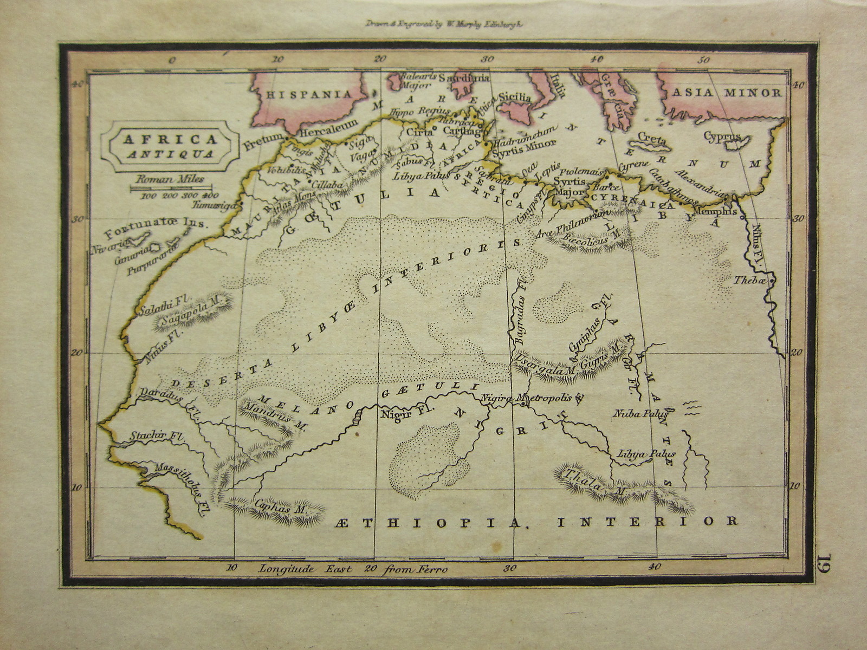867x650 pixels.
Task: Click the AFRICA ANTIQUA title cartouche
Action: click(170, 146)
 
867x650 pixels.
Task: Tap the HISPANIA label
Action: click(309, 94)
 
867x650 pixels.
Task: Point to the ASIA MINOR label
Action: click(727, 93)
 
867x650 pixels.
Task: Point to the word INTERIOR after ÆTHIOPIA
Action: click(648, 522)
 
